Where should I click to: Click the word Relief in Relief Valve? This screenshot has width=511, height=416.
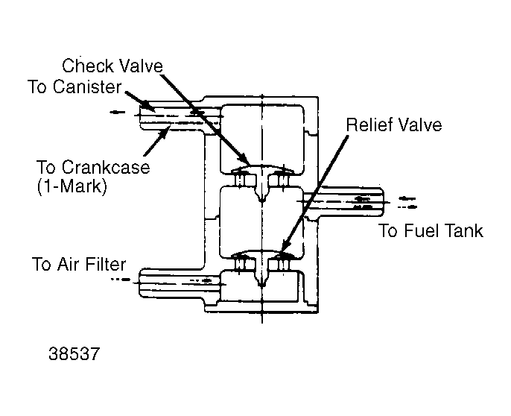[368, 125]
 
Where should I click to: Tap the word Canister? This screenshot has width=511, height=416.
[86, 86]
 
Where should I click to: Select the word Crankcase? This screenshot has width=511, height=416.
[106, 167]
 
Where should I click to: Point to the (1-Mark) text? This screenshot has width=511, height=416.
[72, 186]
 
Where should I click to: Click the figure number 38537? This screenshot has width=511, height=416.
[74, 353]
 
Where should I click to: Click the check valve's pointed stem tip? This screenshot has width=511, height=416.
[262, 201]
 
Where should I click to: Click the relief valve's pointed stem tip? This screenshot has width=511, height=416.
[262, 286]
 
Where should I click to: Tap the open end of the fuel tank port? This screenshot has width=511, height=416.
[383, 202]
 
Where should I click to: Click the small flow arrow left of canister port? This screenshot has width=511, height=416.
[118, 113]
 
